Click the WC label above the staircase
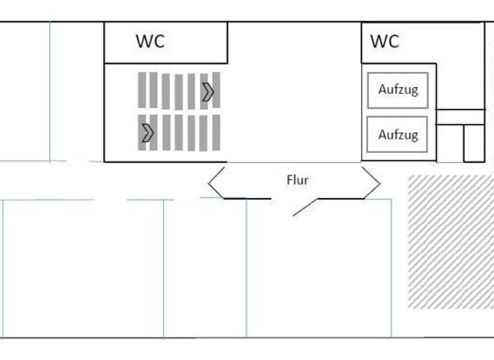[x=150, y=41]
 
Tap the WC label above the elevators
[x=385, y=41]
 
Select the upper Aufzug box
[x=398, y=90]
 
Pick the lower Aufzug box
[x=398, y=134]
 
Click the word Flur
[x=297, y=180]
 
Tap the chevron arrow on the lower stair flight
[x=148, y=132]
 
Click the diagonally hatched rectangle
[x=450, y=241]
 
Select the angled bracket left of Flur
[x=216, y=183]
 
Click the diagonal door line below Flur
[x=305, y=207]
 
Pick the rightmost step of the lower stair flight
[x=216, y=132]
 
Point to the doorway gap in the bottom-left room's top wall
[x=110, y=200]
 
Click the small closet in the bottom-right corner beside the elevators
[x=474, y=143]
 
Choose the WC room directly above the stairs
[x=166, y=42]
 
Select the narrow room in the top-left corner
[x=24, y=90]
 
